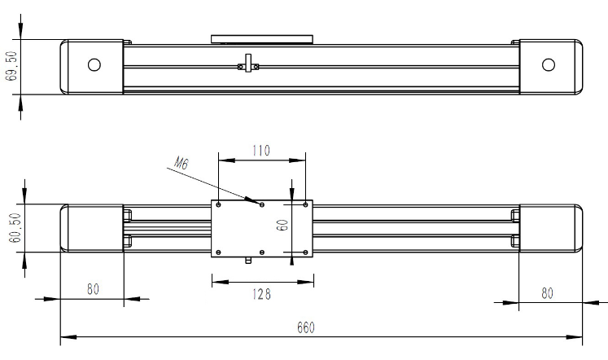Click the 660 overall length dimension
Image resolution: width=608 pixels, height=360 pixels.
click(306, 327)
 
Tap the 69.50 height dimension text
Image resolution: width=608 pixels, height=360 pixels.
click(11, 66)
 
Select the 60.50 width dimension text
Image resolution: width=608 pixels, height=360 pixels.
click(15, 228)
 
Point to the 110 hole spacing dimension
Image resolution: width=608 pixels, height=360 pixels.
click(261, 151)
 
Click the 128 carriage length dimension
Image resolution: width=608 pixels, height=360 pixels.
click(262, 294)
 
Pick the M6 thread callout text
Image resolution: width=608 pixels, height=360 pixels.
click(181, 163)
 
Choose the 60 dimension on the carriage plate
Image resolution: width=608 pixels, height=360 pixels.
click(282, 225)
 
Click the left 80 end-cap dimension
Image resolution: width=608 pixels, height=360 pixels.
click(93, 289)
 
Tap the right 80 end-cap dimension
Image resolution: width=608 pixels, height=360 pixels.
click(547, 293)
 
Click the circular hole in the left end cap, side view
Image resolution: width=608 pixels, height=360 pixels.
click(94, 65)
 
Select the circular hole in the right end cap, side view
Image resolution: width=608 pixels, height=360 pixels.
click(549, 65)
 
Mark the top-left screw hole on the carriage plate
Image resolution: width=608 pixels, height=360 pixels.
click(219, 204)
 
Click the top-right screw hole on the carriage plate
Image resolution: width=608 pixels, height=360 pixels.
click(305, 204)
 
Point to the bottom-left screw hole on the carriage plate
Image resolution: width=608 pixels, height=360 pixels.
click(219, 252)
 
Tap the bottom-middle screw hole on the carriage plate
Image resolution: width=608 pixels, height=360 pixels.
click(262, 252)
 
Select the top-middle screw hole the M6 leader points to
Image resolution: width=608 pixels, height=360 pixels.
click(262, 204)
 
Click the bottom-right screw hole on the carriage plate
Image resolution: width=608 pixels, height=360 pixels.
click(305, 252)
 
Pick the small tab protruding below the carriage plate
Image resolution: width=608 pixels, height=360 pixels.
click(248, 260)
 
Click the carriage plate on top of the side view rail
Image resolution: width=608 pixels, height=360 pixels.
click(262, 39)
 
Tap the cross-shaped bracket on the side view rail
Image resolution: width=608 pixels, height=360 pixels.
click(248, 64)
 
